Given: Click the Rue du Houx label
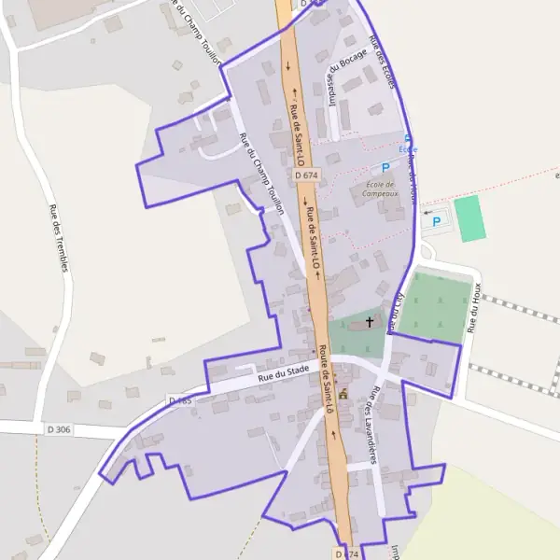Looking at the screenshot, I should pos(475,307).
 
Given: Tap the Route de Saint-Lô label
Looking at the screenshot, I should pos(327,379).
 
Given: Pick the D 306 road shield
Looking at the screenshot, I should pos(59,429).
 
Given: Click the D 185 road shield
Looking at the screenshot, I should pos(179,400).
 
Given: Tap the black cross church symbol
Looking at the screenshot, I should pos(370,322).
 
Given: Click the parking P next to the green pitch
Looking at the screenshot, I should pos(436,222).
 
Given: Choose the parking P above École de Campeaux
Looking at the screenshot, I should pos(385,167).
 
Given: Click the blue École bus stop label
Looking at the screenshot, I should pos(408,149).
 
